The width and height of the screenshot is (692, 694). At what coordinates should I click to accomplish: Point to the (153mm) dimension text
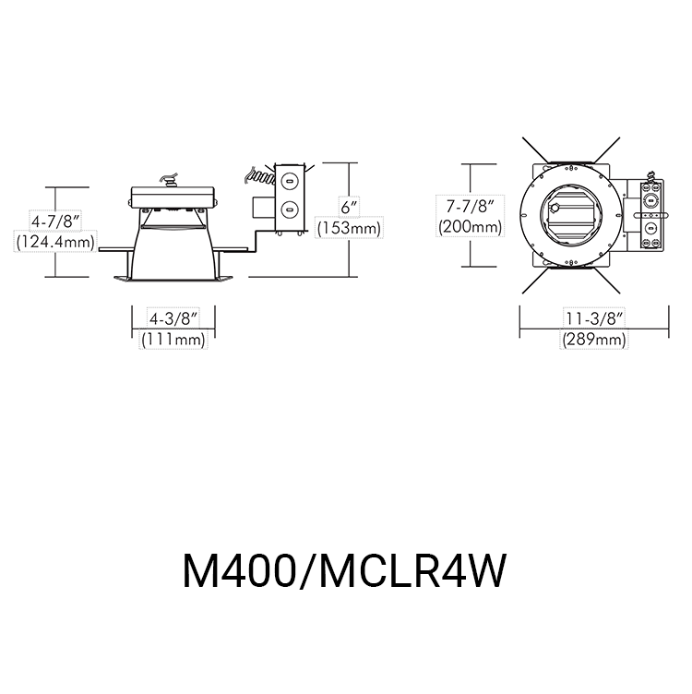pos(348,227)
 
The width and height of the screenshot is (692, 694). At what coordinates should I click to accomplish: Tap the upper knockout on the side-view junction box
pos(290,181)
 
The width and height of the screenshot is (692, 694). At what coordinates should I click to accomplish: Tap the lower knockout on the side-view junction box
pos(290,208)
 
